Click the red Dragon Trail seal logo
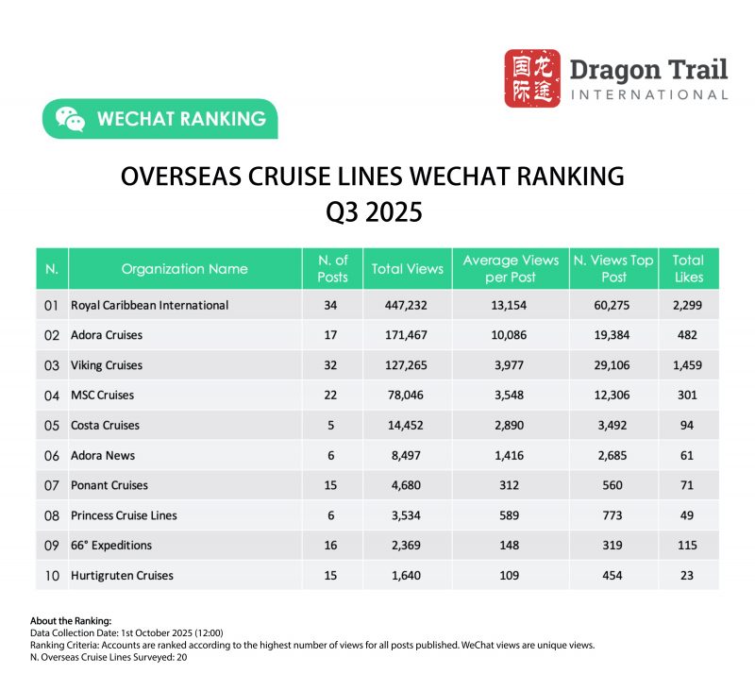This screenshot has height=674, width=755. coord(531,78)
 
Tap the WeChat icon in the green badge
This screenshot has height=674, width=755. coord(69,119)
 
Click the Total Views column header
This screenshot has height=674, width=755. coord(407,269)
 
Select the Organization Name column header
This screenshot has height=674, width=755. coord(184,269)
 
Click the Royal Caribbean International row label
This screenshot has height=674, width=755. coord(149,305)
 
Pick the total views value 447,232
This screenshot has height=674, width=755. coord(407,305)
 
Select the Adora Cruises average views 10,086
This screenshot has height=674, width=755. coord(511,335)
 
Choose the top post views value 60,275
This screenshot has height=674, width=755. coord(612,305)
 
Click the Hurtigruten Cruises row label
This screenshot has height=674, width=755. coord(122,575)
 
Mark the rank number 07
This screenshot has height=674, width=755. coord(51,485)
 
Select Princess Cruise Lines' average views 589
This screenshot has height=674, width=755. coord(511,515)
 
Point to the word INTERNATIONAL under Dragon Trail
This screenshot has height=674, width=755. coord(649,94)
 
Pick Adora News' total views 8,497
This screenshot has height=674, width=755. coord(407,455)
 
